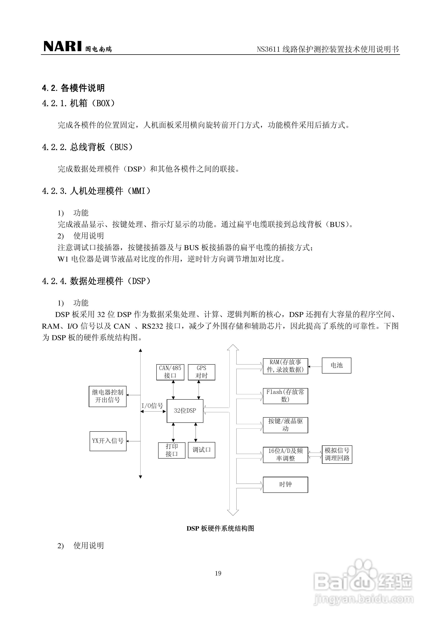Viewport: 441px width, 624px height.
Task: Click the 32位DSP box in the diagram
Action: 185,411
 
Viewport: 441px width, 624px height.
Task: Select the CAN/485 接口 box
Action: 170,372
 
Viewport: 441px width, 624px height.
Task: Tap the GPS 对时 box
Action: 201,372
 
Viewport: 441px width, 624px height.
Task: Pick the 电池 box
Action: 336,366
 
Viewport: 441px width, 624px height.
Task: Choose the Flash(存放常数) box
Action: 285,396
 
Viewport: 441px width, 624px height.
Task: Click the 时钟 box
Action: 285,484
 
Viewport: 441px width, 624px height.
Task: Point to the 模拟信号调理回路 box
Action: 337,454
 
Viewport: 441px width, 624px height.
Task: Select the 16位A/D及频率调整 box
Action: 285,455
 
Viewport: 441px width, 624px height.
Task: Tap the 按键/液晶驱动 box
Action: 285,425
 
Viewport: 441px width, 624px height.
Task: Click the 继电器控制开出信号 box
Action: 108,396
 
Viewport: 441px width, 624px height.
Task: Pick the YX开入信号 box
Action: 108,441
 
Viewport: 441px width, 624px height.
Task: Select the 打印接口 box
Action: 172,450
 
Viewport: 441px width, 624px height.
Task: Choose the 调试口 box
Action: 201,450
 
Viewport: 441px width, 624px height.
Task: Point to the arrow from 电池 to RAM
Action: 315,367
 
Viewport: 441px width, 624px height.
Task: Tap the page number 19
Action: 218,573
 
